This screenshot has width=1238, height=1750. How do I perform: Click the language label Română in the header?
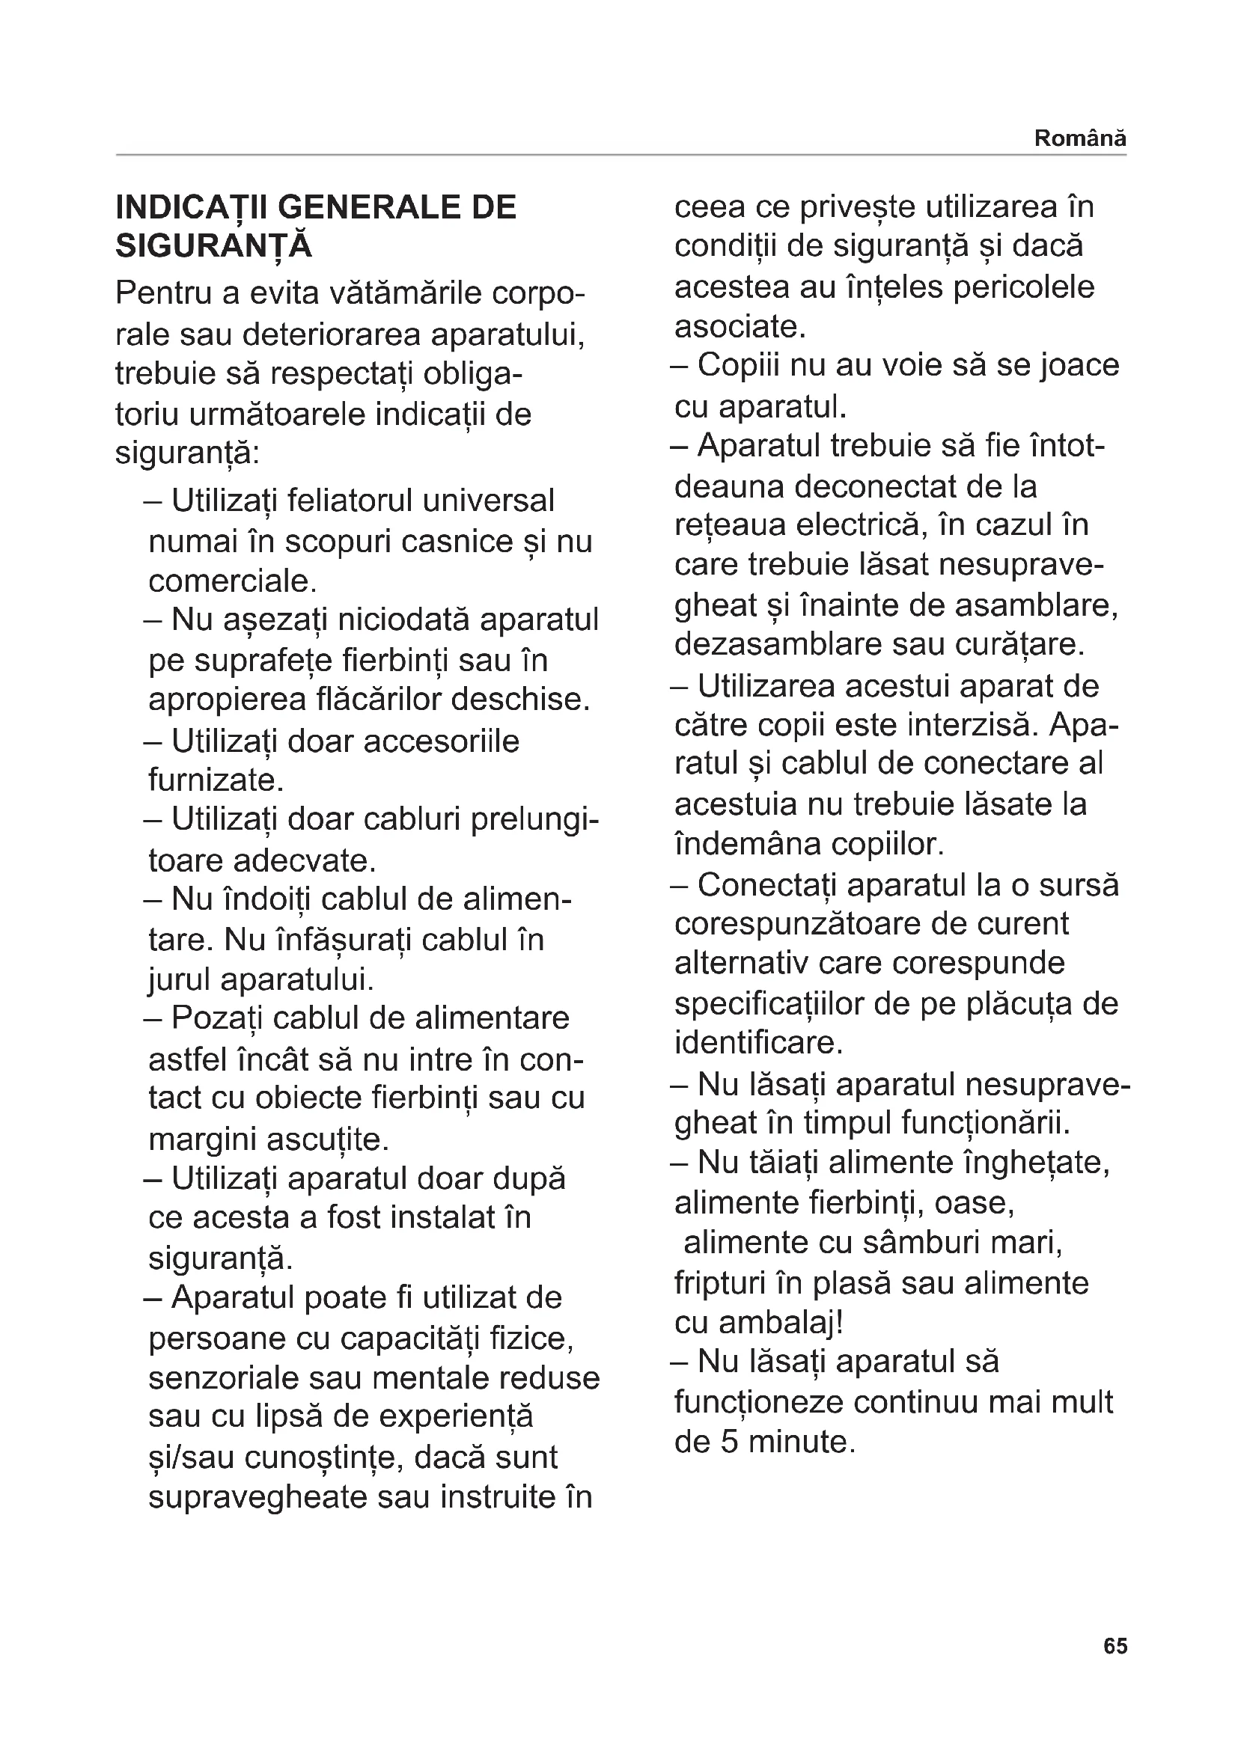(1079, 138)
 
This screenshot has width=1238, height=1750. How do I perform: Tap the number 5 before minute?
(730, 1441)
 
